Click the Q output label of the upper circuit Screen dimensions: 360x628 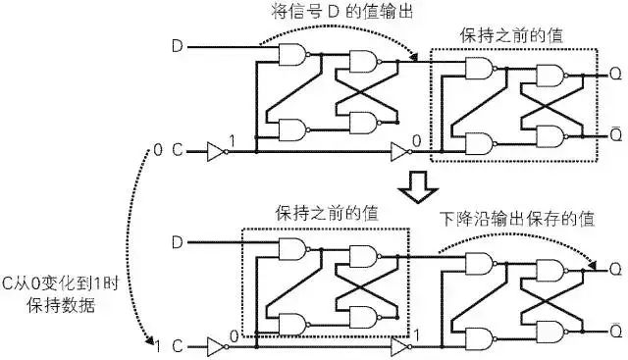click(613, 74)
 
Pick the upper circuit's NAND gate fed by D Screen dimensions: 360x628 click(291, 57)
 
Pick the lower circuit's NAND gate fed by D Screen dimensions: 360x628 click(291, 251)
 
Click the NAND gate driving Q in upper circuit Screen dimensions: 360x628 click(547, 75)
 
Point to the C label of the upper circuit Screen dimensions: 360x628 click(178, 151)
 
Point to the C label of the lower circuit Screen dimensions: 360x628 click(178, 345)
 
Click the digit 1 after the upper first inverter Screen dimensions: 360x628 click(233, 142)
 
